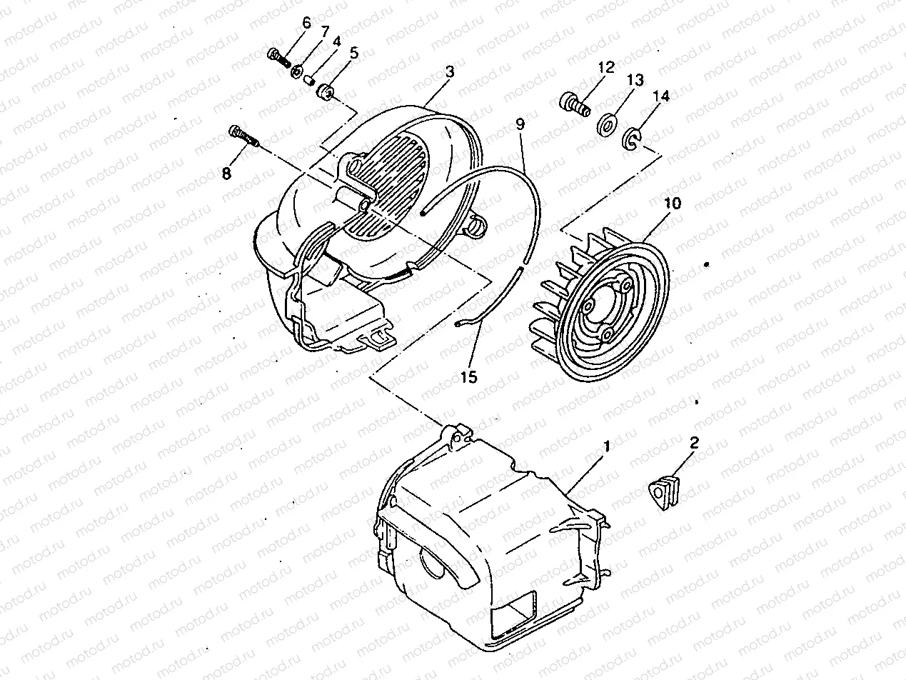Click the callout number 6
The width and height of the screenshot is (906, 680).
pyautogui.click(x=306, y=22)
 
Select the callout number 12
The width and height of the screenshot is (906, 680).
pyautogui.click(x=606, y=69)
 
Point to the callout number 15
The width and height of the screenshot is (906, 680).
pyautogui.click(x=468, y=376)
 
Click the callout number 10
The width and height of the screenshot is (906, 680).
pyautogui.click(x=672, y=204)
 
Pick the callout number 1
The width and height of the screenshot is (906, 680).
pyautogui.click(x=607, y=446)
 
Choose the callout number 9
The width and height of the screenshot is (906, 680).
pyautogui.click(x=520, y=124)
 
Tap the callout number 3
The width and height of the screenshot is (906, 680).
pyautogui.click(x=449, y=73)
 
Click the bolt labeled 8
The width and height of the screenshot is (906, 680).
pyautogui.click(x=243, y=135)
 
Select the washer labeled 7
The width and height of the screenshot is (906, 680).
pyautogui.click(x=298, y=71)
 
